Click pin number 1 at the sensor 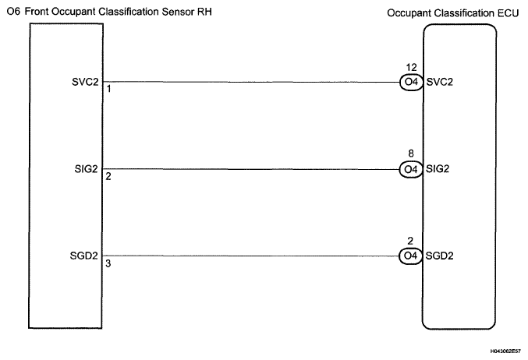(x=108, y=89)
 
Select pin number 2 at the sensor (x=108, y=176)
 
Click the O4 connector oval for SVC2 (x=410, y=81)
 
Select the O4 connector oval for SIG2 (x=410, y=168)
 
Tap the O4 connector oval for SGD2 (x=410, y=256)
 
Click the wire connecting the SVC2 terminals (x=250, y=81)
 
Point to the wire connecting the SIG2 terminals (x=250, y=168)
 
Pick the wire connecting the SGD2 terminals (x=250, y=256)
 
